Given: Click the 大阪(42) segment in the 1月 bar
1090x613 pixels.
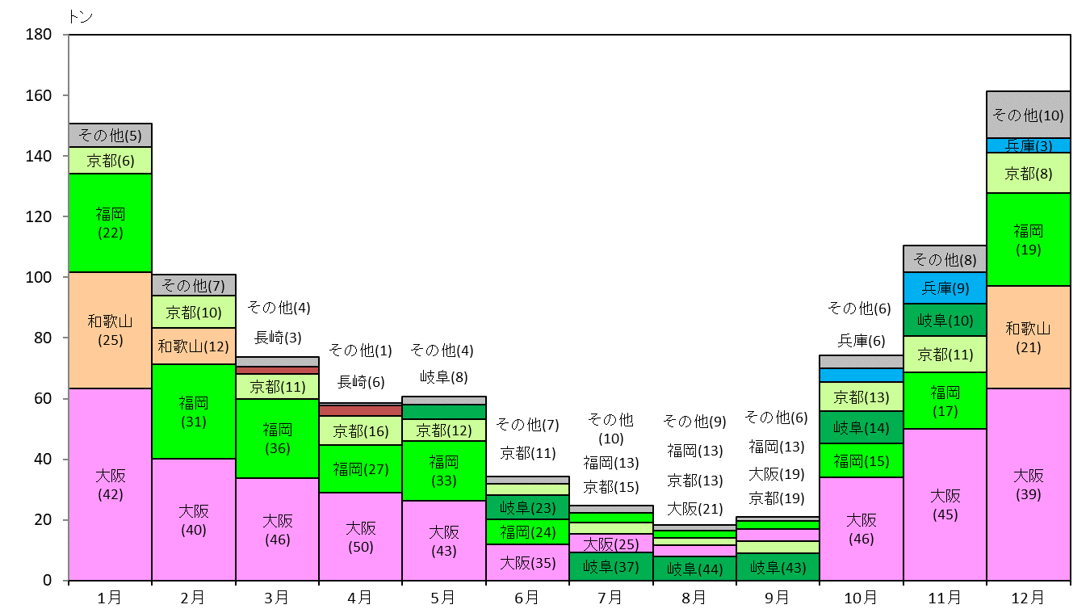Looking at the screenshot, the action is [x=110, y=484].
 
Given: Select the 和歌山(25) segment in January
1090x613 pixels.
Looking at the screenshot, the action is [x=110, y=330].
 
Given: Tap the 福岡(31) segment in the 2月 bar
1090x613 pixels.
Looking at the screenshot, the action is [x=194, y=411].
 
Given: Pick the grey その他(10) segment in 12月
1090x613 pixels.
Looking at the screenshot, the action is [x=1028, y=115].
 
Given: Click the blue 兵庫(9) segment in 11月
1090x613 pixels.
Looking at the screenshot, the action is [x=945, y=288].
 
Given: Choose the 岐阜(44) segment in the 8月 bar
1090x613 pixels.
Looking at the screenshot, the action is [x=694, y=569].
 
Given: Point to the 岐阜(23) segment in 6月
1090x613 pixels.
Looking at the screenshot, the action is [x=527, y=507].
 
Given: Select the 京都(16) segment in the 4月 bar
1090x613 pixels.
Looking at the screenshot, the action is [x=361, y=430].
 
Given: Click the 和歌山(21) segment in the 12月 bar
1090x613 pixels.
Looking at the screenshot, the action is [x=1028, y=337].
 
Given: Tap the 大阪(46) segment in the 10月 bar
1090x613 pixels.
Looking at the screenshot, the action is [x=862, y=529].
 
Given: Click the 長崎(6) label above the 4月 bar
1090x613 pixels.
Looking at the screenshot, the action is [x=361, y=382].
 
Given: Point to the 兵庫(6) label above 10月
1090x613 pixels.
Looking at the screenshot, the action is [x=862, y=340].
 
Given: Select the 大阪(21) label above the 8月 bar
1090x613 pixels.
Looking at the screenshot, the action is [x=694, y=509].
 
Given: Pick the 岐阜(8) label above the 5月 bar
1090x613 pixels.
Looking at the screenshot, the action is [x=444, y=377].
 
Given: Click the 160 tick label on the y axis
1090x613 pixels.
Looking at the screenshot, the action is [x=39, y=95].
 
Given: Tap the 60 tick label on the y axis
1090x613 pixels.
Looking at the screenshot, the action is [x=43, y=398].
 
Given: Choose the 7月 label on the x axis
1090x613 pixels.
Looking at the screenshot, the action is [x=610, y=598].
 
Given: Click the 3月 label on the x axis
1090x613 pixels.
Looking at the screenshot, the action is [x=276, y=598].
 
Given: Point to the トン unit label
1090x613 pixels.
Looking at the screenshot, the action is [x=80, y=16].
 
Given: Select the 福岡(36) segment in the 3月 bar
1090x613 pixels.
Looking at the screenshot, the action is [x=278, y=439].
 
